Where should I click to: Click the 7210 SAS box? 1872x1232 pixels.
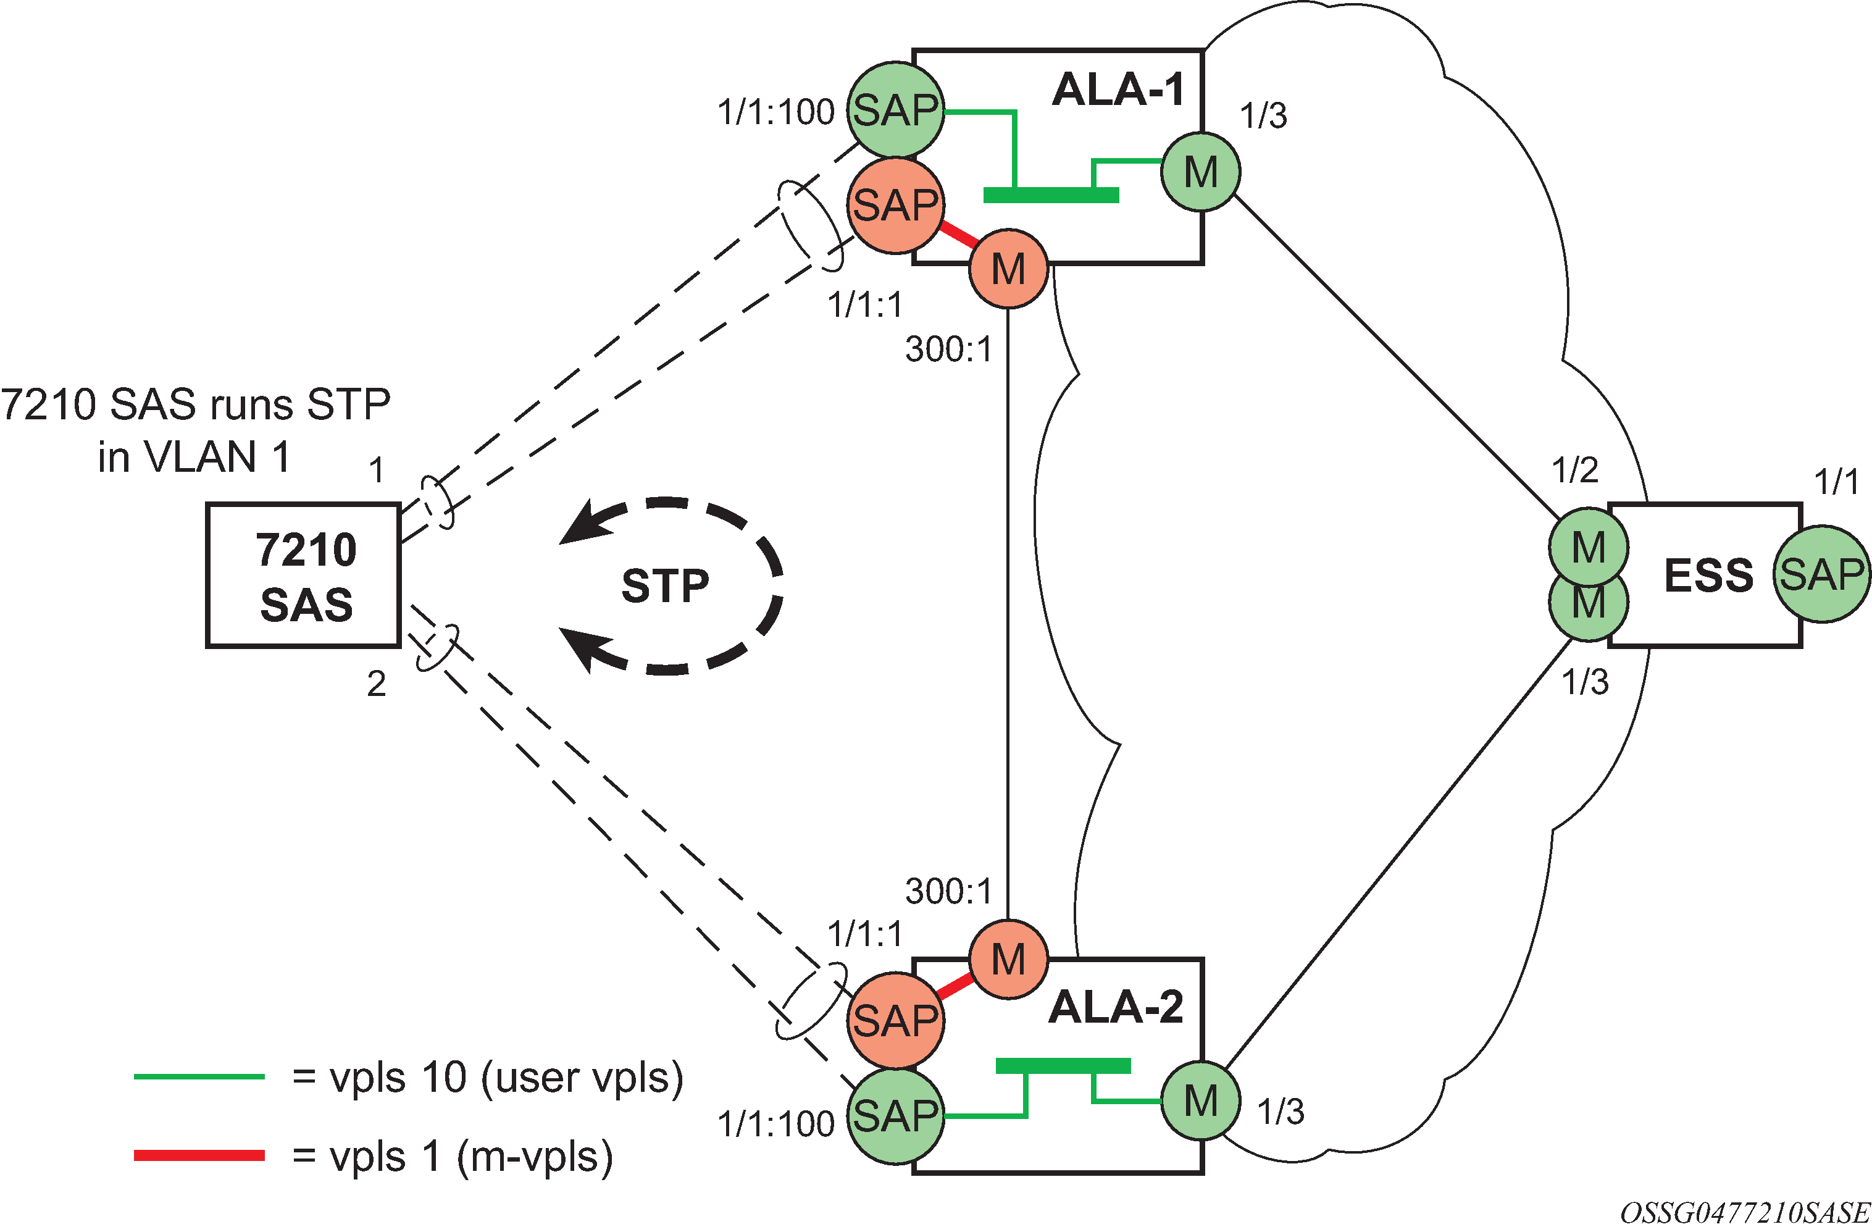click(x=304, y=576)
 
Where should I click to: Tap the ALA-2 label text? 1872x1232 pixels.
click(x=1115, y=1007)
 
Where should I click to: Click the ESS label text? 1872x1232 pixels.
click(x=1708, y=576)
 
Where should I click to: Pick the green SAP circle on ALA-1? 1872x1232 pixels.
click(x=895, y=110)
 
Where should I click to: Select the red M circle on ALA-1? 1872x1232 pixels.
click(x=1008, y=270)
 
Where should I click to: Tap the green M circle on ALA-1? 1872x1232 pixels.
click(x=1200, y=172)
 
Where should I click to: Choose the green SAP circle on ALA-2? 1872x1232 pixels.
click(x=895, y=1115)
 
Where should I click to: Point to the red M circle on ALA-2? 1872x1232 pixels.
click(x=1008, y=960)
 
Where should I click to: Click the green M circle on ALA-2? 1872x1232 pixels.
click(x=1200, y=1100)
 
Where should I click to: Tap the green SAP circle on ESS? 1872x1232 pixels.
click(x=1821, y=574)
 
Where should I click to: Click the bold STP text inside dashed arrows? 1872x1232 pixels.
click(x=666, y=586)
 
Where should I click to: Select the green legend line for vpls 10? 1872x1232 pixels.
click(x=199, y=1077)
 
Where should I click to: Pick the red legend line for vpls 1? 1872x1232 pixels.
click(x=199, y=1155)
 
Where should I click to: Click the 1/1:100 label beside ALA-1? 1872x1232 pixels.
click(x=775, y=112)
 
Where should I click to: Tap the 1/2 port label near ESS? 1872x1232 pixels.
click(x=1574, y=471)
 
